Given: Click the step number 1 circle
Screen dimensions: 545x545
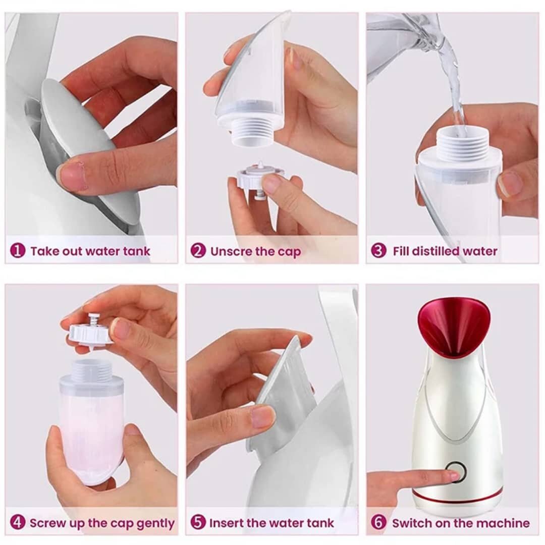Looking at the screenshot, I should (18, 251).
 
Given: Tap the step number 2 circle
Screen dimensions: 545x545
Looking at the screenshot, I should (198, 251).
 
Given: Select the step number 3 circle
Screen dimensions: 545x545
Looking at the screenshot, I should (378, 251).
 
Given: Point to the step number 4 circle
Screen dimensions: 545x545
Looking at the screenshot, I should (18, 523).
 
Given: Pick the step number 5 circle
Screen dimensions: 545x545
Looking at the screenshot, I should (198, 523).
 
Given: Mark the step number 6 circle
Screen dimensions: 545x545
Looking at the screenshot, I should (378, 523).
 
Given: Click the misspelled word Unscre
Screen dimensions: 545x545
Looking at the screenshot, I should (231, 251).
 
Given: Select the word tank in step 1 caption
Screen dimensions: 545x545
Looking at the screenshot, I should (136, 251).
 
